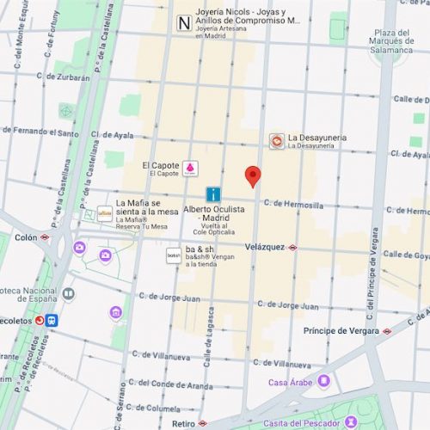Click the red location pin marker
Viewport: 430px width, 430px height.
click(252, 176)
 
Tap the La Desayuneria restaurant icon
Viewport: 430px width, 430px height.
click(276, 141)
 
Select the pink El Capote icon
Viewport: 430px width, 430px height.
click(191, 168)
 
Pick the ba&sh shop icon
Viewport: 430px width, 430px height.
click(174, 255)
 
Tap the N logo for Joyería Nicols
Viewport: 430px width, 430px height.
click(182, 23)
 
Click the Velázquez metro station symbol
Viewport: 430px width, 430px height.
click(293, 247)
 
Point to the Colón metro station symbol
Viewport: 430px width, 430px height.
click(45, 237)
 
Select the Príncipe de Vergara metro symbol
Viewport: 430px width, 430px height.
click(387, 330)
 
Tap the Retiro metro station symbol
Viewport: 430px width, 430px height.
click(203, 424)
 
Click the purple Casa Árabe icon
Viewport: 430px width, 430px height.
click(323, 381)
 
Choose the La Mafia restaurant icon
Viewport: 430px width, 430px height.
click(105, 213)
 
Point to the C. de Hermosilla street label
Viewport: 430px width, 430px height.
click(293, 205)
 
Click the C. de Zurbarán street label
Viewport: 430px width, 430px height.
click(64, 77)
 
